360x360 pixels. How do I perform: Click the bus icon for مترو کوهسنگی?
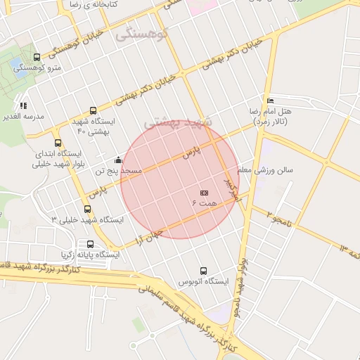pos(37,56)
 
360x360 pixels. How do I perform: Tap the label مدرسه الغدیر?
pos(25,116)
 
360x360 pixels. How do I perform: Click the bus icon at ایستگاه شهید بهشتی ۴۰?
pos(94,110)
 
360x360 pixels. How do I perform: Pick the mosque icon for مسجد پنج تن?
pos(118,160)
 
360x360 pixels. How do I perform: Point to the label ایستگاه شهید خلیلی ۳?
pos(87,219)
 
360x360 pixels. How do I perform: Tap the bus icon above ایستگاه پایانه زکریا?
pos(90,244)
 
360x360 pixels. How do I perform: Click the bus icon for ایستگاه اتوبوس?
pos(204,271)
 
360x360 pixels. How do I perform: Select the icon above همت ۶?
pos(205,192)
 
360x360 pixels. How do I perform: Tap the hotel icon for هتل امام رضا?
pos(271,102)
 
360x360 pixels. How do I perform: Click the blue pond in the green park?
pos(15,65)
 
